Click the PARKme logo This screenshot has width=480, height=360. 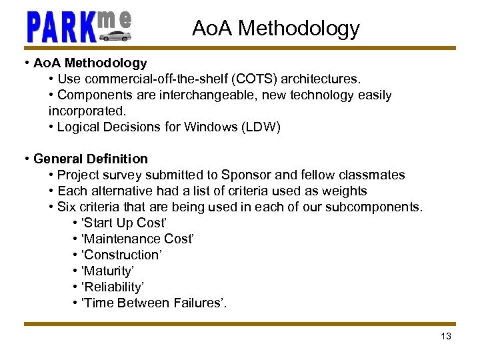tap(79, 26)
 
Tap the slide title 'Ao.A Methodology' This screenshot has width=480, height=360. tap(275, 28)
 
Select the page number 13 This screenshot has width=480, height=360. tap(446, 336)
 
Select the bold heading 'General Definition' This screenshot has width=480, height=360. tap(91, 159)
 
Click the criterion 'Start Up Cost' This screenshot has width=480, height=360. tap(123, 223)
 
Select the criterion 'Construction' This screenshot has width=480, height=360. tap(122, 255)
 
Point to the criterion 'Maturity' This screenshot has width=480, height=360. tap(109, 271)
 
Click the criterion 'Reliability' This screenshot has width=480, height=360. tap(112, 287)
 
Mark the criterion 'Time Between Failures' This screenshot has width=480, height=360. tap(153, 303)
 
